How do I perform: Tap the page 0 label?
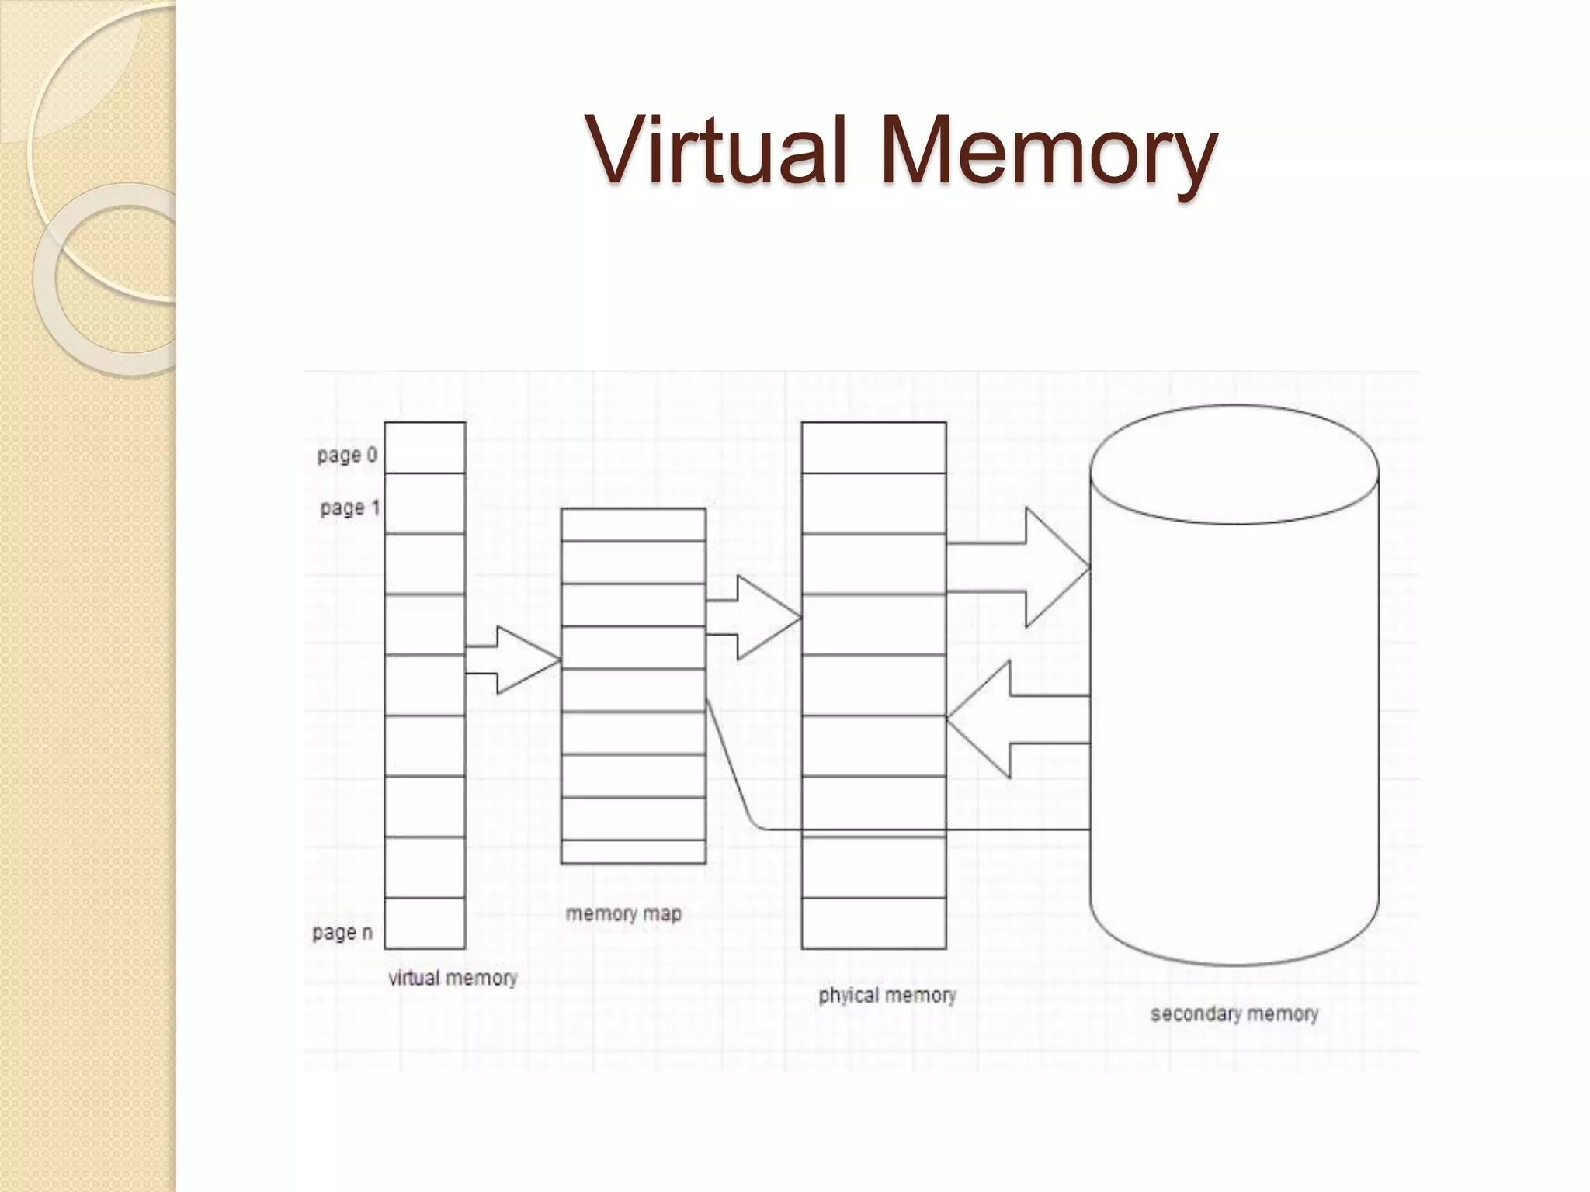coord(347,455)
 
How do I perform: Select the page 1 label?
coord(350,508)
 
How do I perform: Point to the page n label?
coord(342,932)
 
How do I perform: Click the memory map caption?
coord(623,913)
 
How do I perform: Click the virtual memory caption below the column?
coord(453,978)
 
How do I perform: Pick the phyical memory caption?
coord(887,996)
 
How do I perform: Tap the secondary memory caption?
coord(1234,1014)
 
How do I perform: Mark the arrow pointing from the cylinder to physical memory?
coord(1017,719)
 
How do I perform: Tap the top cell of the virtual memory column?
coord(425,448)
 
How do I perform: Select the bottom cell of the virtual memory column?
coord(425,923)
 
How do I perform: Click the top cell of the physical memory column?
coord(873,448)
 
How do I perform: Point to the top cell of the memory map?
coord(633,525)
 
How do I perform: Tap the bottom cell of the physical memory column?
coord(873,923)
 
